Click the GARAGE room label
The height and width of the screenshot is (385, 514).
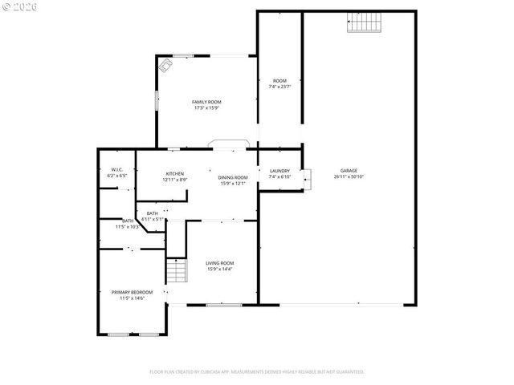349,170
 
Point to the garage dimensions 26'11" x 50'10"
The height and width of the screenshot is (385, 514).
349,176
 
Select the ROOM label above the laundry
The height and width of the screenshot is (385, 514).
279,80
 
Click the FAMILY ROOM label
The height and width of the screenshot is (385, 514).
206,102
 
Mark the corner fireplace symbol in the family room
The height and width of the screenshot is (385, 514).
165,65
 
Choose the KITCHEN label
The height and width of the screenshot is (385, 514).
175,173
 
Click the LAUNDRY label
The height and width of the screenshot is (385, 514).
279,170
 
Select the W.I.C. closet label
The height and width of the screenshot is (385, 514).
117,169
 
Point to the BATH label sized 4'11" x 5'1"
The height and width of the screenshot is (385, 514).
153,213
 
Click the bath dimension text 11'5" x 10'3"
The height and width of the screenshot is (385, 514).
128,227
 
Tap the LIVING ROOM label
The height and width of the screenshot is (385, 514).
219,262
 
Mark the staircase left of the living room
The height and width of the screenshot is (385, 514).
176,270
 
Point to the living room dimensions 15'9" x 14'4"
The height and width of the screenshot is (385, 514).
219,269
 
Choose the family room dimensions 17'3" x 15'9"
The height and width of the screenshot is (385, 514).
206,108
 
